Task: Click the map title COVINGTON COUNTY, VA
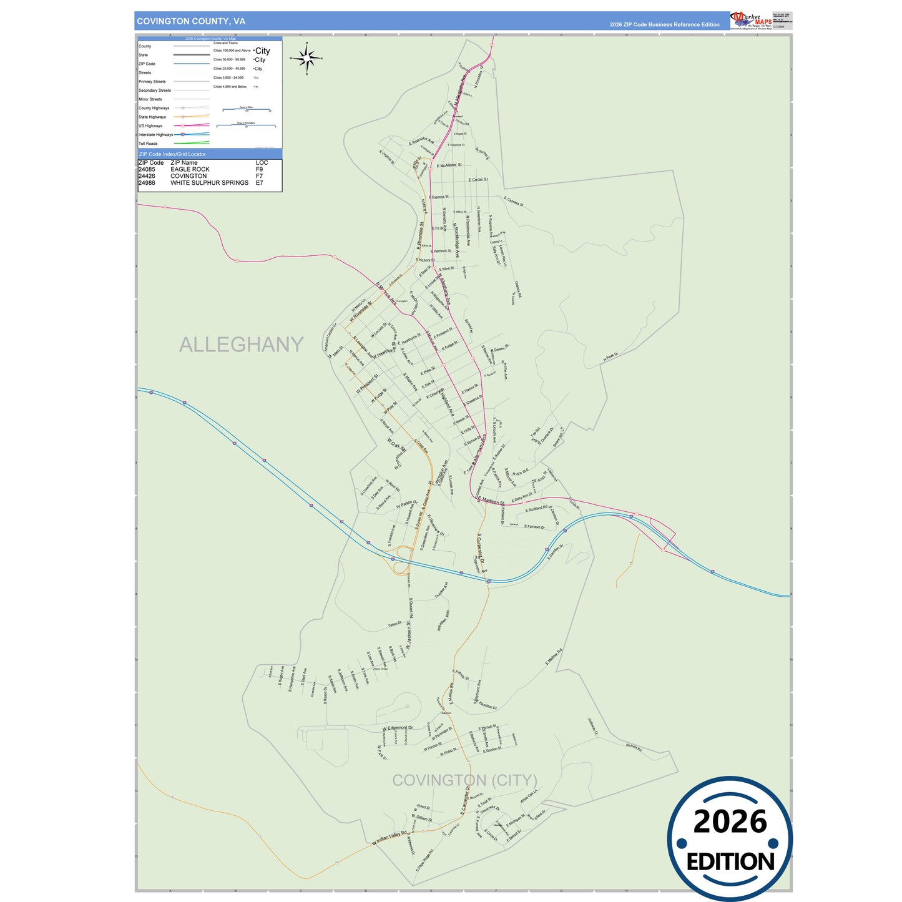coord(191,21)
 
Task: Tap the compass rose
coord(306,59)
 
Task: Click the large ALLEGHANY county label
coord(241,345)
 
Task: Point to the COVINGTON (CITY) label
coord(464,780)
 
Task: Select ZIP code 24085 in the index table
coord(147,169)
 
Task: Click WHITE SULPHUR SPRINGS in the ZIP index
coord(209,183)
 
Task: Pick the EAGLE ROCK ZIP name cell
coord(190,169)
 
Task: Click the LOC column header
coord(262,162)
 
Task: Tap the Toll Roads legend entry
coord(149,144)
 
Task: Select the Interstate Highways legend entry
coord(155,135)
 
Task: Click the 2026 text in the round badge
coord(730,821)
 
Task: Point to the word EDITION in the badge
coord(730,862)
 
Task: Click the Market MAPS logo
coord(751,20)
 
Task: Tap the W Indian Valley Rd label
coord(390,838)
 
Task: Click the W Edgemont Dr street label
coord(398,728)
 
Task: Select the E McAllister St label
coord(449,165)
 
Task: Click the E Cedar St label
coord(478,180)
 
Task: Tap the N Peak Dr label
coord(610,357)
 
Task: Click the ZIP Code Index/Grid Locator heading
coord(172,154)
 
